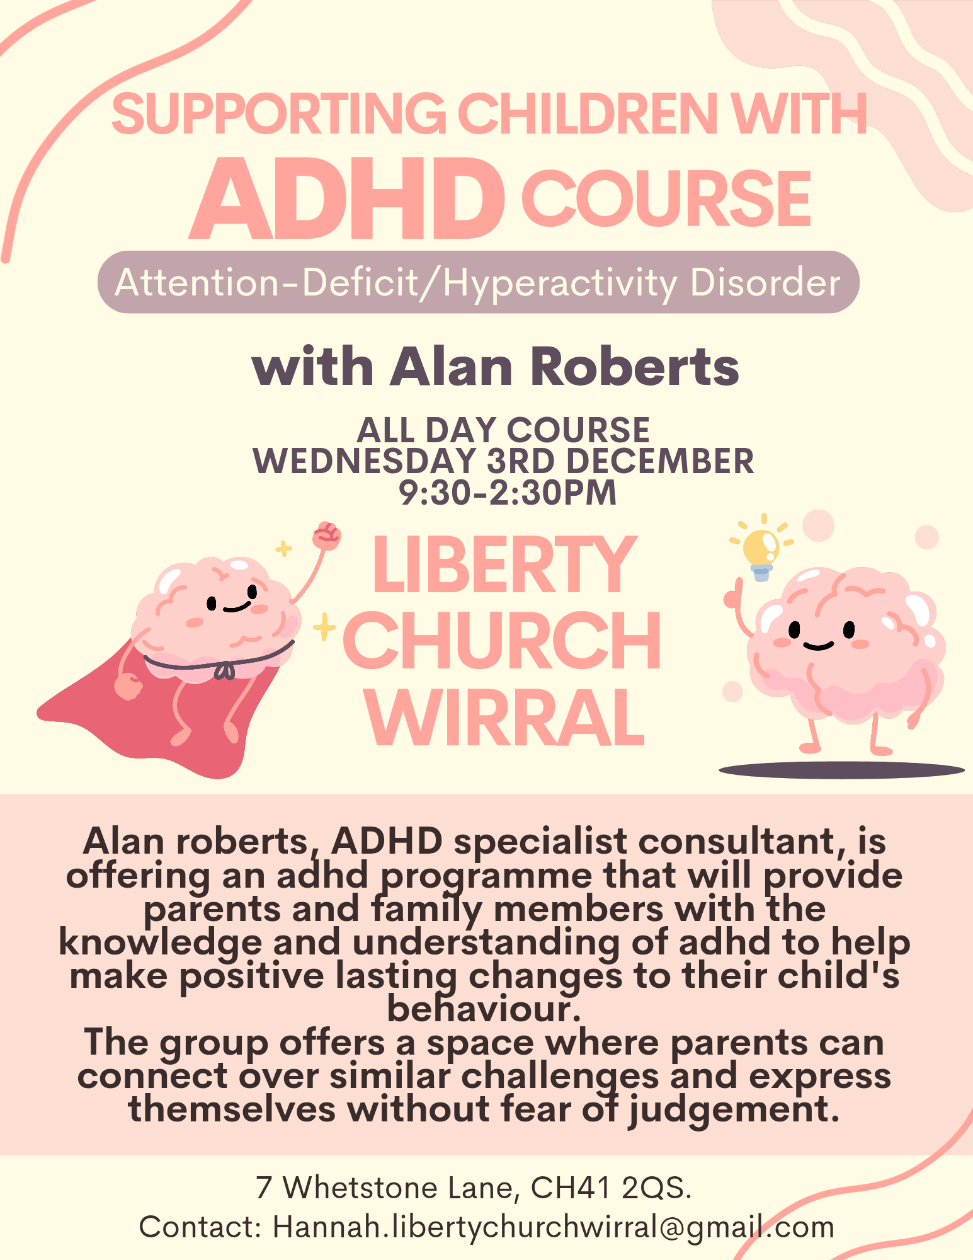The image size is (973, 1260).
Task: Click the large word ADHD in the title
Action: click(347, 199)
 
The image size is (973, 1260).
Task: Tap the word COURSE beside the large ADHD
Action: click(666, 199)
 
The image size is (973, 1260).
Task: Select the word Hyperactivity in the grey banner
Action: click(560, 283)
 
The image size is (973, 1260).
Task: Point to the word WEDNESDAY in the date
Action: click(365, 461)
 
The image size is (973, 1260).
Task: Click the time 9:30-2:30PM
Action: click(508, 493)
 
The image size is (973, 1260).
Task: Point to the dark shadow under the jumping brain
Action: click(842, 770)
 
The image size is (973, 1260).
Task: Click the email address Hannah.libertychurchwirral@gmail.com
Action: click(554, 1227)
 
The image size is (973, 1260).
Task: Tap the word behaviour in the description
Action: click(483, 1009)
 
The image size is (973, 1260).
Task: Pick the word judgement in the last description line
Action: click(734, 1110)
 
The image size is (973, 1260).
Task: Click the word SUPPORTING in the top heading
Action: click(279, 114)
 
